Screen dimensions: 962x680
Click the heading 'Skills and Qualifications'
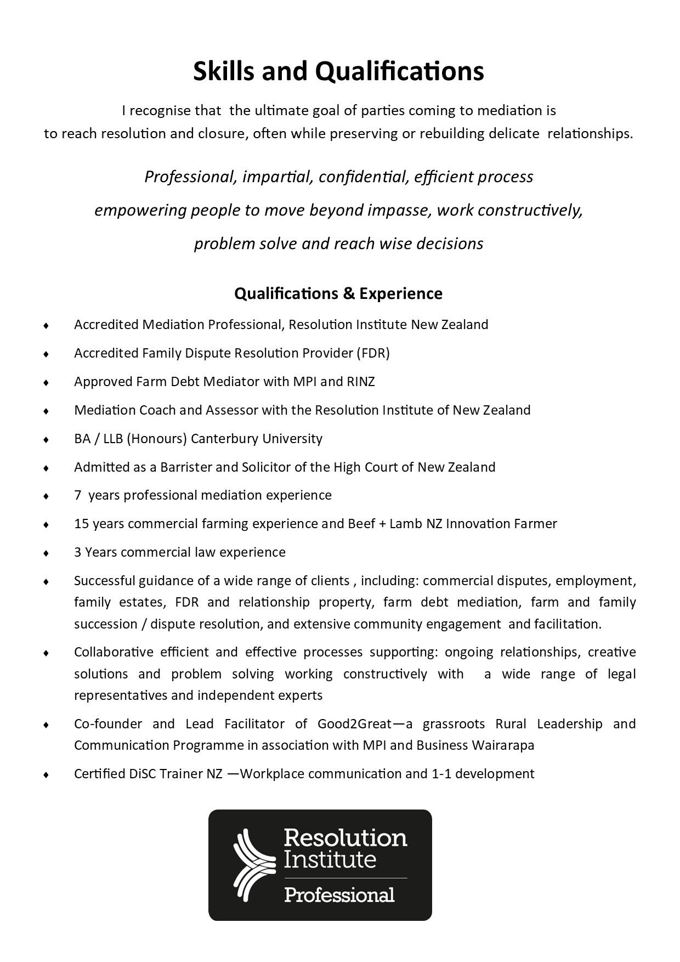pyautogui.click(x=338, y=71)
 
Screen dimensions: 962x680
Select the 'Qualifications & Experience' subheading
pyautogui.click(x=338, y=294)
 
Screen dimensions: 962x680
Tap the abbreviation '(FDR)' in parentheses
pyautogui.click(x=373, y=353)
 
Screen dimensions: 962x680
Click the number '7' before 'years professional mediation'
pyautogui.click(x=78, y=495)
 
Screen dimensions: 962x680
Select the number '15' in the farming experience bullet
pyautogui.click(x=82, y=524)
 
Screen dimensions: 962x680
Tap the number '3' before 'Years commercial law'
pyautogui.click(x=78, y=552)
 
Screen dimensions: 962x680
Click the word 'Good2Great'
pyautogui.click(x=354, y=724)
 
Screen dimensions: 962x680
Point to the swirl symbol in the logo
pyautogui.click(x=253, y=865)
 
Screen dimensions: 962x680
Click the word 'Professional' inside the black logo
pyautogui.click(x=339, y=895)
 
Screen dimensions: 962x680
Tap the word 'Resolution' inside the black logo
pyautogui.click(x=345, y=838)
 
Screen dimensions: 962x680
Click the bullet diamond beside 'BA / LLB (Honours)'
pyautogui.click(x=47, y=439)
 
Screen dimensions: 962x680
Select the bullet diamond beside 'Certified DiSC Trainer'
pyautogui.click(x=47, y=774)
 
